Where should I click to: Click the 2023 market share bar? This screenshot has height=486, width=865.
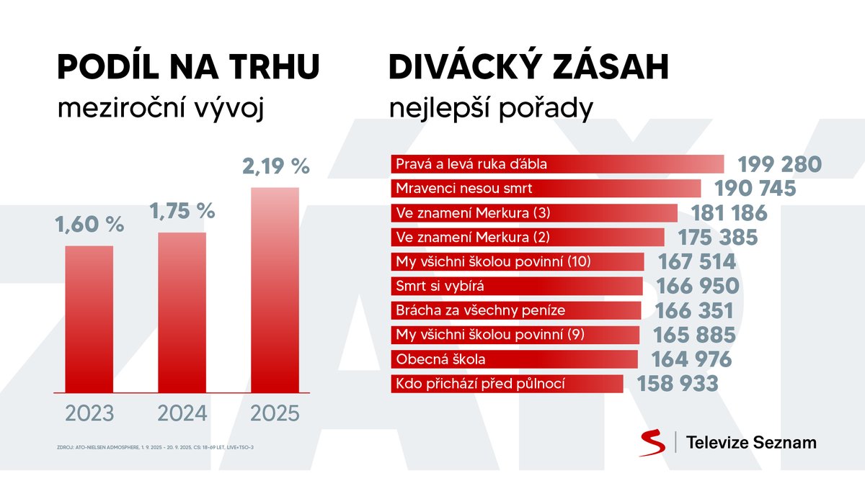[89, 319]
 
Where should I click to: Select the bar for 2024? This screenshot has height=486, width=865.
[182, 312]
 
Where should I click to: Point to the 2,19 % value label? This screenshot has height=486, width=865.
[275, 166]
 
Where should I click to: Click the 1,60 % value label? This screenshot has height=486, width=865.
[89, 224]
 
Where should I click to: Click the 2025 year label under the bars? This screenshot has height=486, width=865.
[274, 414]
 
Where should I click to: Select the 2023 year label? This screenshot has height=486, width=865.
[89, 414]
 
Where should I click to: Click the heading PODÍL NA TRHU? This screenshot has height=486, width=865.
[187, 68]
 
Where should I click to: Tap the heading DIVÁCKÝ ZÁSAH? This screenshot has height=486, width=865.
[529, 68]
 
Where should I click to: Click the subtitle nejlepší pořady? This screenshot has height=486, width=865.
[491, 109]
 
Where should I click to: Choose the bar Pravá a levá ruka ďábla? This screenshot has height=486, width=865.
[556, 164]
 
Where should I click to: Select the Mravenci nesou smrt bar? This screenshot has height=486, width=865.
[545, 189]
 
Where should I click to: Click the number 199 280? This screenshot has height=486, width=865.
[779, 164]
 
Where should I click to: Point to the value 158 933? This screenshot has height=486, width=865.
[678, 383]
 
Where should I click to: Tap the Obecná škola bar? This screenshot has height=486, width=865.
[514, 359]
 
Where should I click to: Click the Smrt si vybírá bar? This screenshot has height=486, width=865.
[516, 286]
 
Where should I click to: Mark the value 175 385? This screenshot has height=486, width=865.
[718, 238]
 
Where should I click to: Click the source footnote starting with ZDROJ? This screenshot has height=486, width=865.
[155, 447]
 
